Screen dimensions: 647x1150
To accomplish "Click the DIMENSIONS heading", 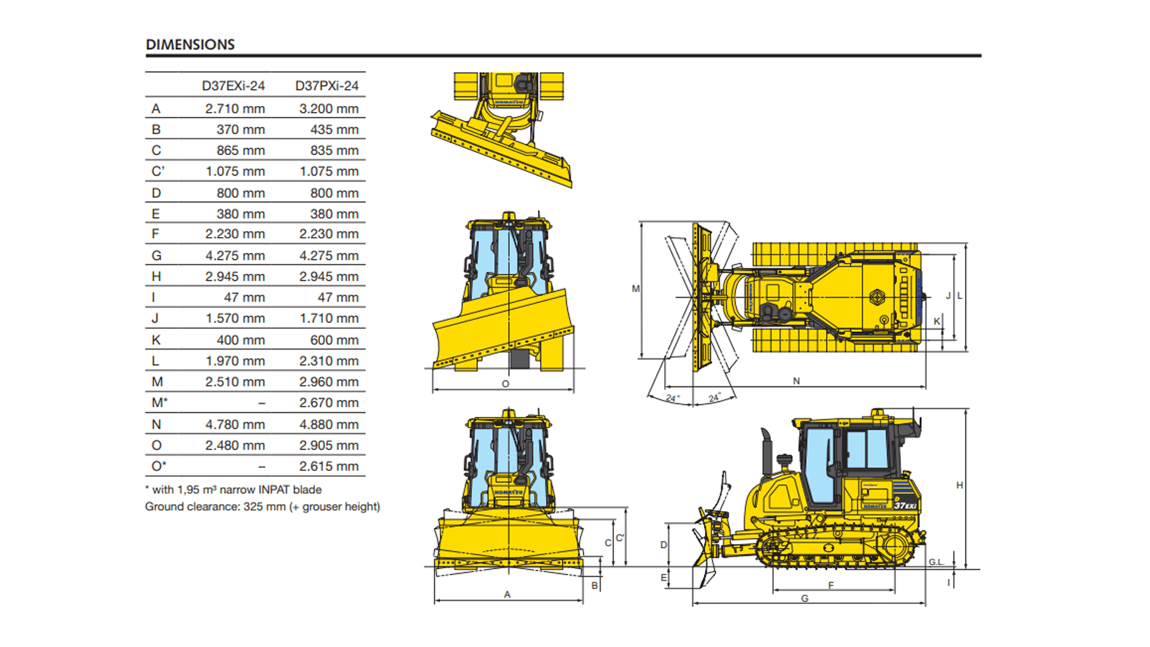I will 190,45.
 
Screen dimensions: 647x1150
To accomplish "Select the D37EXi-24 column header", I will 233,86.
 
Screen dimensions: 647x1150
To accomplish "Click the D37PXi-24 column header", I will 326,86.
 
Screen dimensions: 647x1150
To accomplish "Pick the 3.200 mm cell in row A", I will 329,108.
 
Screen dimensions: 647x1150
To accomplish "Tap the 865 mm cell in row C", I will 240,150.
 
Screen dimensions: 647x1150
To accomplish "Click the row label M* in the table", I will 159,403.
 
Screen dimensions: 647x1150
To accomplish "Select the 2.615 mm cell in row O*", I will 329,466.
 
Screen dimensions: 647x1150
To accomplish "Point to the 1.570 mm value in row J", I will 235,318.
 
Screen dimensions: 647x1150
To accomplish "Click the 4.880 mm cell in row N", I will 329,424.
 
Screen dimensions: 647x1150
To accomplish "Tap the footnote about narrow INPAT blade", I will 234,489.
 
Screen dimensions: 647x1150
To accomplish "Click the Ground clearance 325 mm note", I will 262,507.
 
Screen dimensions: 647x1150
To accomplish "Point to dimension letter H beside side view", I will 960,485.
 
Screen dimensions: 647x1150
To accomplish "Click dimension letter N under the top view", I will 796,381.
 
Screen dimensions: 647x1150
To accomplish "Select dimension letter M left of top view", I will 635,289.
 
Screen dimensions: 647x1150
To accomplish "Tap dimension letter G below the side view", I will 804,598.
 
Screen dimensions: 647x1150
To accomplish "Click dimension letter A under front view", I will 507,595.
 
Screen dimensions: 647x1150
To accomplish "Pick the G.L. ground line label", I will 936,562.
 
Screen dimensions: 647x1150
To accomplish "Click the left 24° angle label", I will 672,398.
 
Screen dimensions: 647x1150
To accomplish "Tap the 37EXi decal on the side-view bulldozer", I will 905,505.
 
